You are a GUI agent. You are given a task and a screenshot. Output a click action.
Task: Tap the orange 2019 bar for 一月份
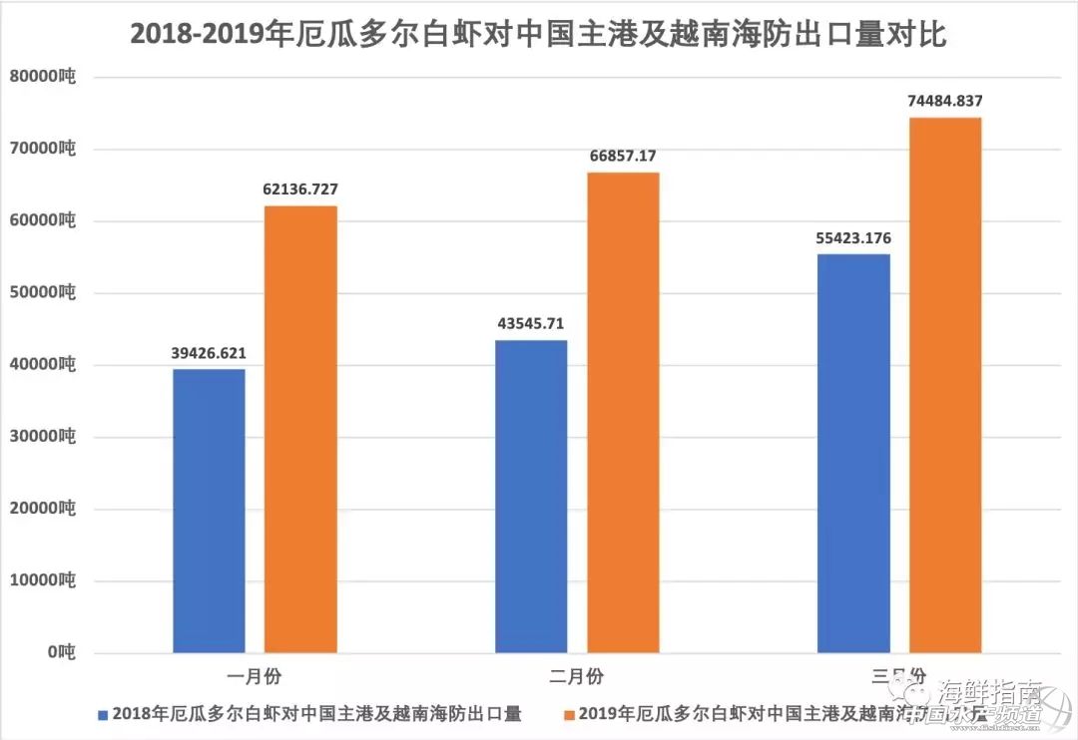[300, 429]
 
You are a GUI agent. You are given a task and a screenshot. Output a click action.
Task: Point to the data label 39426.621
[209, 353]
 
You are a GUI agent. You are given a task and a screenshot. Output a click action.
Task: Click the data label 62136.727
[300, 189]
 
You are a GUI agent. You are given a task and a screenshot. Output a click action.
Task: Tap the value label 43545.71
[531, 324]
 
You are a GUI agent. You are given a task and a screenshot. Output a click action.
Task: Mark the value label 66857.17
[623, 157]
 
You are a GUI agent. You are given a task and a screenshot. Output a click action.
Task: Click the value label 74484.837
[945, 101]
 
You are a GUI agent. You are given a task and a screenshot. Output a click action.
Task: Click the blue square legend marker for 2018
[102, 714]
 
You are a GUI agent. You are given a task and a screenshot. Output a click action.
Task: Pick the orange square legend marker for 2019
[568, 714]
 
